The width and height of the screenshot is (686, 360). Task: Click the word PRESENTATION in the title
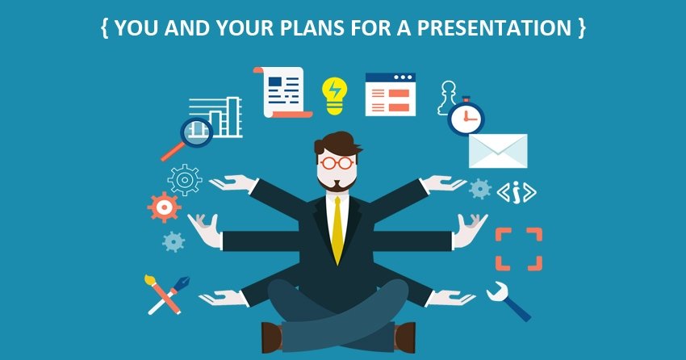494,28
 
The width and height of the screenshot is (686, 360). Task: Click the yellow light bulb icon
335,96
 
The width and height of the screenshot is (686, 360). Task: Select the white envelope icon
498,151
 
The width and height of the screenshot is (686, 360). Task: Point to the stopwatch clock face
466,118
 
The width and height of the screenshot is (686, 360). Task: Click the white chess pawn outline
448,98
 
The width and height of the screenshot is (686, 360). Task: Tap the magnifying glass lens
196,132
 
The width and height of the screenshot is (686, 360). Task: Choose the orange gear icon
164,207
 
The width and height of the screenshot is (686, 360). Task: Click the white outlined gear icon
185,180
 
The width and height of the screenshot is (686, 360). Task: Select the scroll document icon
282,92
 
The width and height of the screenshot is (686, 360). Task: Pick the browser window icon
391,94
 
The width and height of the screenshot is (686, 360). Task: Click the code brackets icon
517,193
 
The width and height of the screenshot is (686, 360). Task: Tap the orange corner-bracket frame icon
518,249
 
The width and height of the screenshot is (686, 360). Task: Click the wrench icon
508,300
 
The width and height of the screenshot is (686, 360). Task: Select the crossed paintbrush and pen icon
166,295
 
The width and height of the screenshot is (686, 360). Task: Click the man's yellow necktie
337,231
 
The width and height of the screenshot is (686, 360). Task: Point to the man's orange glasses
337,163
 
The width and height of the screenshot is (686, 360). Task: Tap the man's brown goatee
337,185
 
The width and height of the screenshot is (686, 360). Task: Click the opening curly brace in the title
105,28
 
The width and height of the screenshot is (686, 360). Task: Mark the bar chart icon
215,117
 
